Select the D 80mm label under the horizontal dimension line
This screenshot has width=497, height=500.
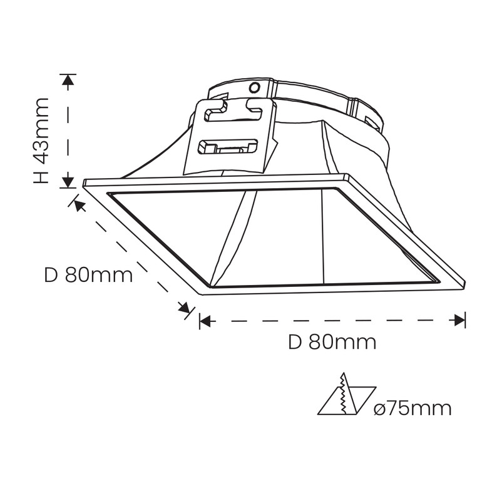(332, 342)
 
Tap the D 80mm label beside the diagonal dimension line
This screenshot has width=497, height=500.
(88, 275)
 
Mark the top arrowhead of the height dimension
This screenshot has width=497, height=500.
(68, 79)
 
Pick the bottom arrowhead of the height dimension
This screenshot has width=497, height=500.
(68, 182)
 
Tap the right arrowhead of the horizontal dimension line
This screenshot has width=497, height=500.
(460, 321)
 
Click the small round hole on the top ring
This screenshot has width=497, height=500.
(254, 87)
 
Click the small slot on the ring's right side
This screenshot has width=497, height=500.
(370, 120)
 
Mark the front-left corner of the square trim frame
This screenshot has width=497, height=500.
(200, 292)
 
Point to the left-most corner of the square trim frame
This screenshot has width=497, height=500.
(85, 182)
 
